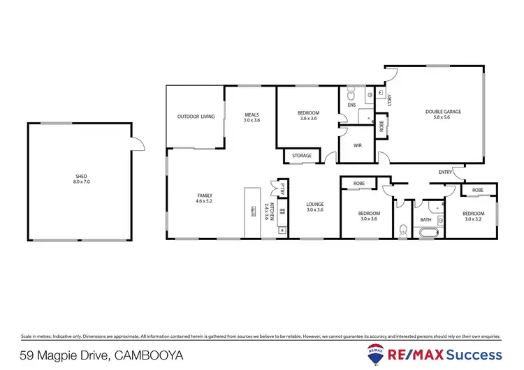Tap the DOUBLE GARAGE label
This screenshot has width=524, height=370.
point(444,112)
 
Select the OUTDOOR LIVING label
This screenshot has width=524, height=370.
point(196,117)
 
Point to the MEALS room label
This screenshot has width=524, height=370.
point(252,115)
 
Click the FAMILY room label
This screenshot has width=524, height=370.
point(205,195)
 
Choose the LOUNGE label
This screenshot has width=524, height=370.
point(315,205)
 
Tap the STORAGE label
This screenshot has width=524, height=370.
point(302,156)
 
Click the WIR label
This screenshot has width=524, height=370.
point(357,146)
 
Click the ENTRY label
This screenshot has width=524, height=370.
point(445,172)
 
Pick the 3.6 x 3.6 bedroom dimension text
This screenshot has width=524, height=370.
point(309,119)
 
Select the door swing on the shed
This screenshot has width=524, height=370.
point(138,143)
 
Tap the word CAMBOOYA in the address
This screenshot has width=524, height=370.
point(149,355)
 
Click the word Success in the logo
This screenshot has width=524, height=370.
point(475,354)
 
